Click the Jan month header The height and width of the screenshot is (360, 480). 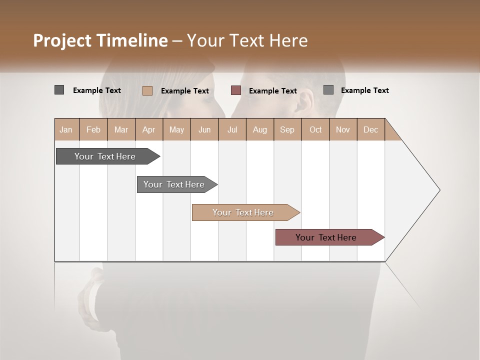click(x=66, y=129)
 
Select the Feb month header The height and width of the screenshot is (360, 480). click(x=93, y=129)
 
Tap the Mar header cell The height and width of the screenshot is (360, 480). click(x=121, y=129)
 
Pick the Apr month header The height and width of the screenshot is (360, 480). click(x=149, y=129)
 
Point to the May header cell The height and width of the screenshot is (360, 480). click(x=176, y=129)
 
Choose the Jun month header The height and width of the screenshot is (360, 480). click(x=204, y=129)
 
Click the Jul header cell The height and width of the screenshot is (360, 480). click(x=232, y=129)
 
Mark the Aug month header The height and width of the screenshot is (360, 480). click(x=260, y=129)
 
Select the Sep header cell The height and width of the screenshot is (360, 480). click(x=287, y=129)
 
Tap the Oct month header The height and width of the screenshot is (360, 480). click(x=315, y=129)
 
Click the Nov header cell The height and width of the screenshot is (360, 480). click(x=343, y=129)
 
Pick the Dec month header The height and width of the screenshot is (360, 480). click(x=371, y=129)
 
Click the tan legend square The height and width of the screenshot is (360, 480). click(x=147, y=90)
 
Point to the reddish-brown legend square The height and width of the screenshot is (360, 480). click(x=236, y=90)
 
